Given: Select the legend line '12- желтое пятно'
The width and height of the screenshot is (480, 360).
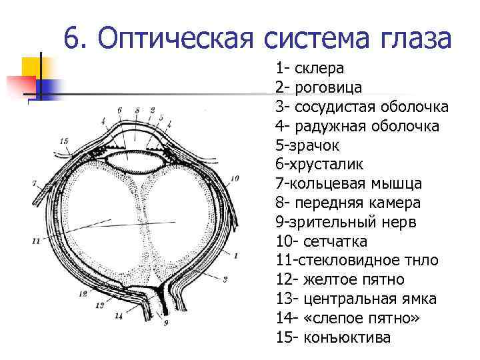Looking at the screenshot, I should (x=339, y=279).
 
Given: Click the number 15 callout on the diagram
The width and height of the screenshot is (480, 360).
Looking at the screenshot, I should (x=63, y=141).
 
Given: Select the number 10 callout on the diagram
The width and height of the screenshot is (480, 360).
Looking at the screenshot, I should (x=233, y=179).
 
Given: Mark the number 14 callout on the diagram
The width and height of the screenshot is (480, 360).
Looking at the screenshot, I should (x=118, y=317).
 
